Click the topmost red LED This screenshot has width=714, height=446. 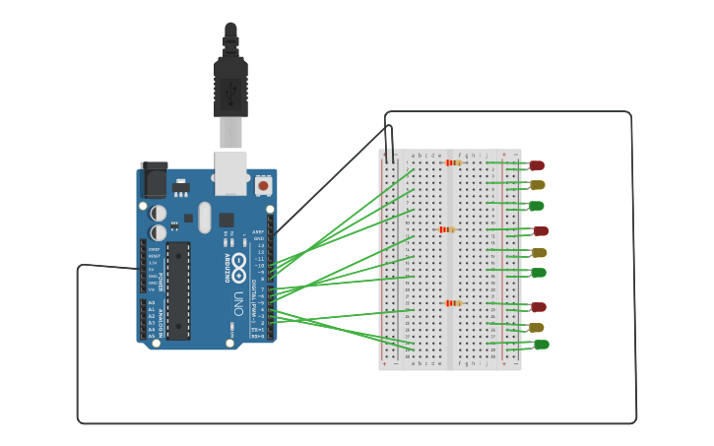(536, 165)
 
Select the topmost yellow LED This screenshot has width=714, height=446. (537, 185)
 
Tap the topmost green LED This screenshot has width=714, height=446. (537, 206)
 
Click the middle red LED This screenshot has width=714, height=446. (540, 231)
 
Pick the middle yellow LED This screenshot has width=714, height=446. (538, 252)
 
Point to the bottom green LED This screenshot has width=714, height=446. (541, 345)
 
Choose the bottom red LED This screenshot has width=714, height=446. (538, 307)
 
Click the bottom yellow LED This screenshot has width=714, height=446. (536, 328)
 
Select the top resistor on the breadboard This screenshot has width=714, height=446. (453, 162)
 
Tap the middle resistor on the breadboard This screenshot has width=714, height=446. (447, 229)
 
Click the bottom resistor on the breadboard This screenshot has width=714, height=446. (453, 303)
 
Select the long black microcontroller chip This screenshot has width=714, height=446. (178, 290)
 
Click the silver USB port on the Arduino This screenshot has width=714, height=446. (230, 171)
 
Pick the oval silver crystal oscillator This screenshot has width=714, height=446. (205, 217)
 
